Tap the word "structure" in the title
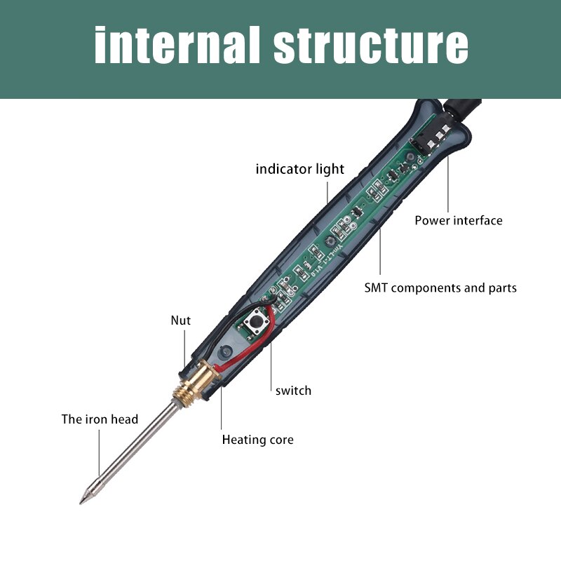pyautogui.click(x=370, y=46)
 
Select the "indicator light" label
pyautogui.click(x=299, y=169)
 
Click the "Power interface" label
pyautogui.click(x=458, y=220)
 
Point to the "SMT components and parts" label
pyautogui.click(x=440, y=288)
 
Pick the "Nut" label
pyautogui.click(x=180, y=320)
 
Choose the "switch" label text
pyautogui.click(x=293, y=390)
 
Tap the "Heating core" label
pyautogui.click(x=257, y=440)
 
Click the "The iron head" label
pyautogui.click(x=100, y=419)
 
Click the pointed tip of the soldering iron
pyautogui.click(x=83, y=500)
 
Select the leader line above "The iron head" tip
pyautogui.click(x=100, y=452)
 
